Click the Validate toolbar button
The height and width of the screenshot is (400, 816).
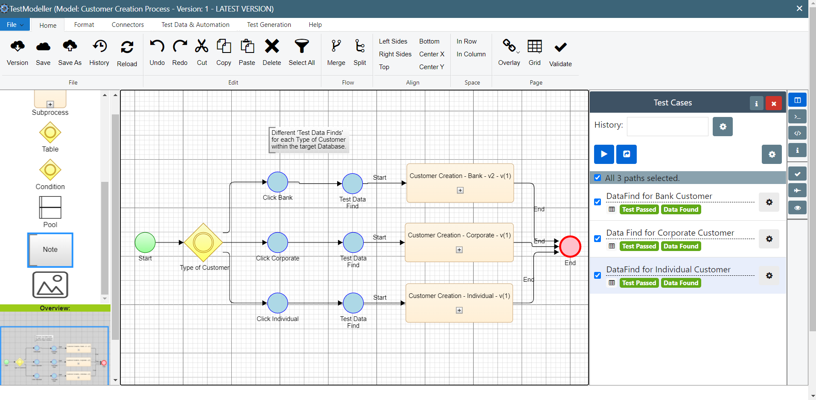pyautogui.click(x=560, y=53)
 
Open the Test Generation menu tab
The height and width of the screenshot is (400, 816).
pyautogui.click(x=269, y=25)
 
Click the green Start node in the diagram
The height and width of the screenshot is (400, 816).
pyautogui.click(x=145, y=242)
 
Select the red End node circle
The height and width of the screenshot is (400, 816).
pyautogui.click(x=570, y=246)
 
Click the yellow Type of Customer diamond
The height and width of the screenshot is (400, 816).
pyautogui.click(x=203, y=242)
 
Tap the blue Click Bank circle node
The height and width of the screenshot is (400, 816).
pyautogui.click(x=278, y=182)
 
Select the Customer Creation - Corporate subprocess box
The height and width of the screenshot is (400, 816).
pyautogui.click(x=459, y=242)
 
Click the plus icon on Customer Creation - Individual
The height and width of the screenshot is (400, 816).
pyautogui.click(x=459, y=310)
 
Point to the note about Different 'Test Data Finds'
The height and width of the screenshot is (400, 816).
pyautogui.click(x=308, y=140)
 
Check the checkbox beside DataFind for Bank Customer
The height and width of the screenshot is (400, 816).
pyautogui.click(x=597, y=202)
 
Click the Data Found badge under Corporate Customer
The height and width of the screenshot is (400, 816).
pyautogui.click(x=681, y=246)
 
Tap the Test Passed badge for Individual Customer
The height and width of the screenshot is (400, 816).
pyautogui.click(x=639, y=283)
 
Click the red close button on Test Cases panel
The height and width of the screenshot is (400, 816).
pyautogui.click(x=773, y=103)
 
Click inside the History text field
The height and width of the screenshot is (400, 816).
pyautogui.click(x=667, y=126)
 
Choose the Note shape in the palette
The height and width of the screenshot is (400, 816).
pyautogui.click(x=50, y=250)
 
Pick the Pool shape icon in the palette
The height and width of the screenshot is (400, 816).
pyautogui.click(x=50, y=207)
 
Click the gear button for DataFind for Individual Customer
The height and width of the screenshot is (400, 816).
pyautogui.click(x=769, y=276)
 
